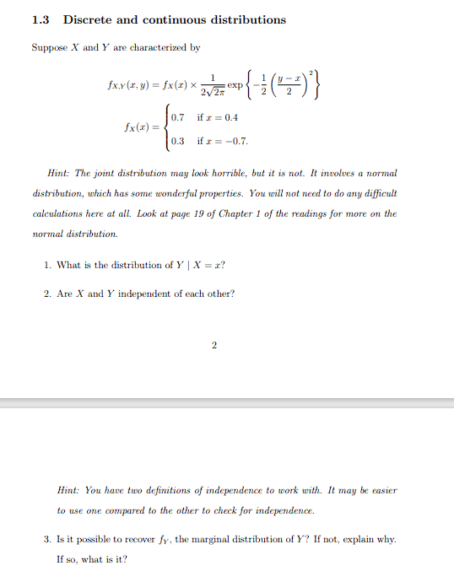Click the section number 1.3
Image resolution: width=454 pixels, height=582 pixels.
(x=42, y=19)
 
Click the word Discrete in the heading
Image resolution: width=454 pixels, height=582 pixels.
(x=92, y=19)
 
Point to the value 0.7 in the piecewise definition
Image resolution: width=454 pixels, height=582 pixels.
(x=178, y=117)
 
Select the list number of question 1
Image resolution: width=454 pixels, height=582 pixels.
(x=46, y=265)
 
